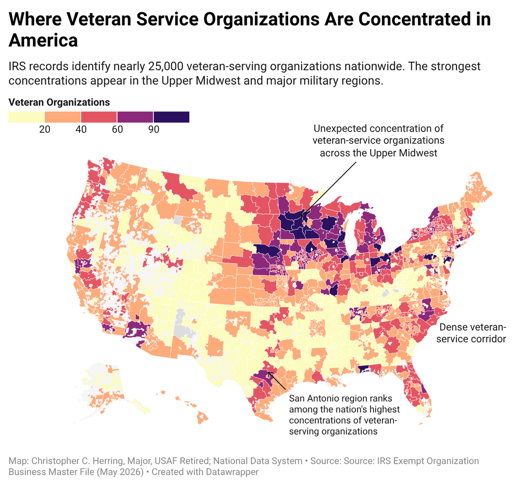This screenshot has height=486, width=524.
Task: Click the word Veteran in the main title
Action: (99, 19)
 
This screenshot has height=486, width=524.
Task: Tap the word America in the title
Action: (43, 40)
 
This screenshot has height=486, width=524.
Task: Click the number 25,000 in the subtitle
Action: (165, 66)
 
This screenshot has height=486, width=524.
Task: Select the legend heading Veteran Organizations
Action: (59, 102)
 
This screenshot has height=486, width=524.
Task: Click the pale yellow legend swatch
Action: (26, 117)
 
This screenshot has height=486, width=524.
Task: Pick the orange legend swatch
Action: (62, 117)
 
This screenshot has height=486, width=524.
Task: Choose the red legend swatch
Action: (99, 117)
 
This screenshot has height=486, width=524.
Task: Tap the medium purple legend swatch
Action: (135, 117)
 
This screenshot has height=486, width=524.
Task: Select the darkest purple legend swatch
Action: (172, 117)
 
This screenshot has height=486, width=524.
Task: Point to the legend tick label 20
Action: (45, 129)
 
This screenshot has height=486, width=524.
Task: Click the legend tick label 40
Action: (81, 129)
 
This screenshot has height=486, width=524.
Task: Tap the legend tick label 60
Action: (117, 129)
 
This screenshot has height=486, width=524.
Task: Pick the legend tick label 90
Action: (154, 129)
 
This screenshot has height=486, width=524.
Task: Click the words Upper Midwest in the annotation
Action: (403, 153)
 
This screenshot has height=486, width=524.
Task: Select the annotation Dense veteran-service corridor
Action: (471, 333)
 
